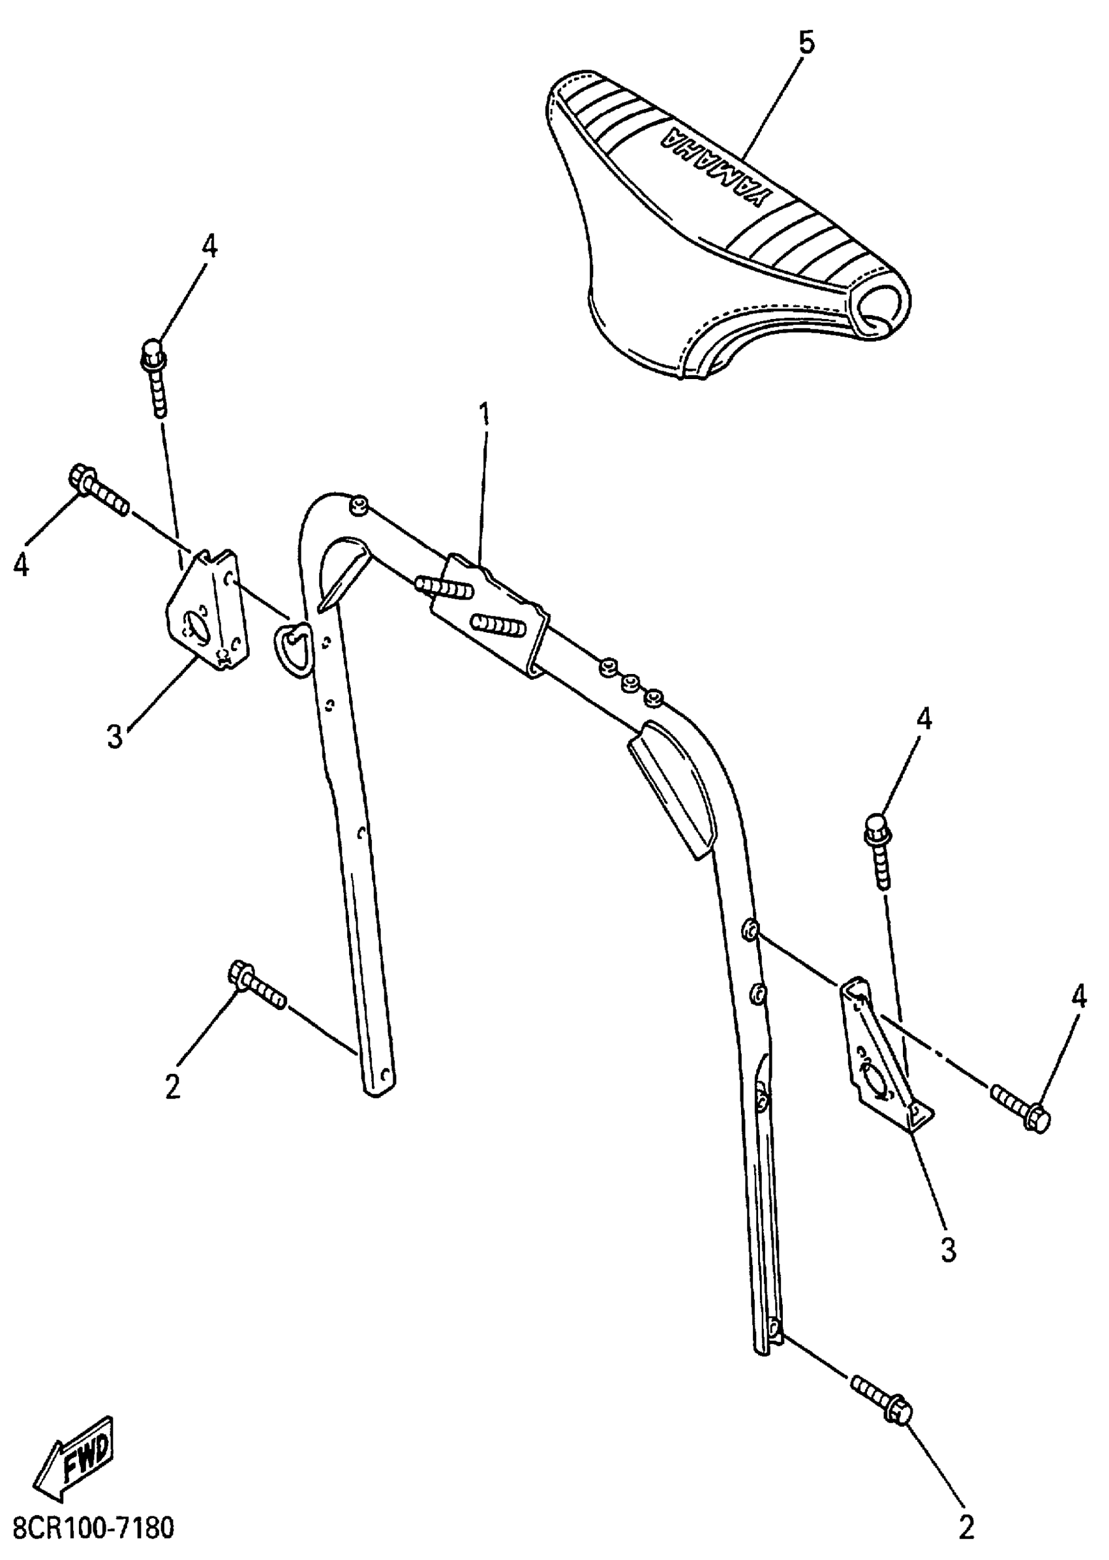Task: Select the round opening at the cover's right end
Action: click(884, 305)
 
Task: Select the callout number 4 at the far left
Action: click(21, 564)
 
